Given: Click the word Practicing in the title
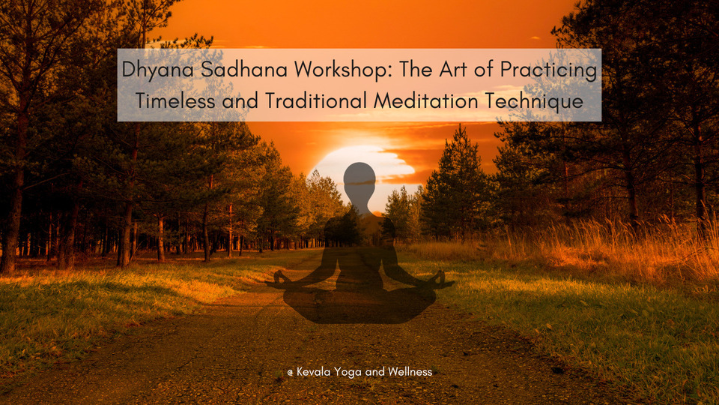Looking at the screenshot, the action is pyautogui.click(x=549, y=70).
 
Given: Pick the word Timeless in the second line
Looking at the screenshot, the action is pyautogui.click(x=175, y=100).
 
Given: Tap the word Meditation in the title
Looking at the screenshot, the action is pyautogui.click(x=426, y=100).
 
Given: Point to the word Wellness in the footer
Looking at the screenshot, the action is pyautogui.click(x=410, y=371).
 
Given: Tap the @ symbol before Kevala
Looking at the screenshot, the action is pyautogui.click(x=291, y=373).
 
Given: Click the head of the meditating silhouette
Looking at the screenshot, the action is pyautogui.click(x=359, y=181).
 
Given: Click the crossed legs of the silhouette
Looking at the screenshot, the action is pyautogui.click(x=359, y=304).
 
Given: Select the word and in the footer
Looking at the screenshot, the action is pyautogui.click(x=375, y=371).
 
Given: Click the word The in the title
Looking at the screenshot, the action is pyautogui.click(x=416, y=69).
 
